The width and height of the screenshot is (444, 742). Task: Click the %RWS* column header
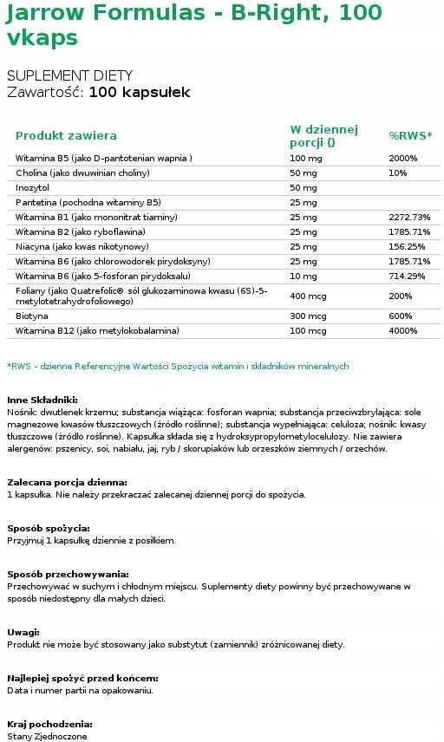410,136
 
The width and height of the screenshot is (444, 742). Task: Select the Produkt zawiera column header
66,136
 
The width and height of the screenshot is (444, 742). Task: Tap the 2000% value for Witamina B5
403,159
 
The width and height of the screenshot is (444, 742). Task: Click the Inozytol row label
33,188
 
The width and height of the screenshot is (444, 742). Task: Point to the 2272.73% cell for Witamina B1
410,218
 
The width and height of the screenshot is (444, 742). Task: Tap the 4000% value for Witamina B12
403,330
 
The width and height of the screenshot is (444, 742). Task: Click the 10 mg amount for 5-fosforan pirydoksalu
303,277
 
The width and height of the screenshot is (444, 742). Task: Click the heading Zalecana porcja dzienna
67,481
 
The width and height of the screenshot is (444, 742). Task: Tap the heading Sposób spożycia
49,527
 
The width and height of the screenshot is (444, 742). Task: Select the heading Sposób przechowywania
68,574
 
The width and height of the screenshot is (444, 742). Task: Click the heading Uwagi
23,633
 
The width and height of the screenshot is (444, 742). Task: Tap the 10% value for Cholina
397,173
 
